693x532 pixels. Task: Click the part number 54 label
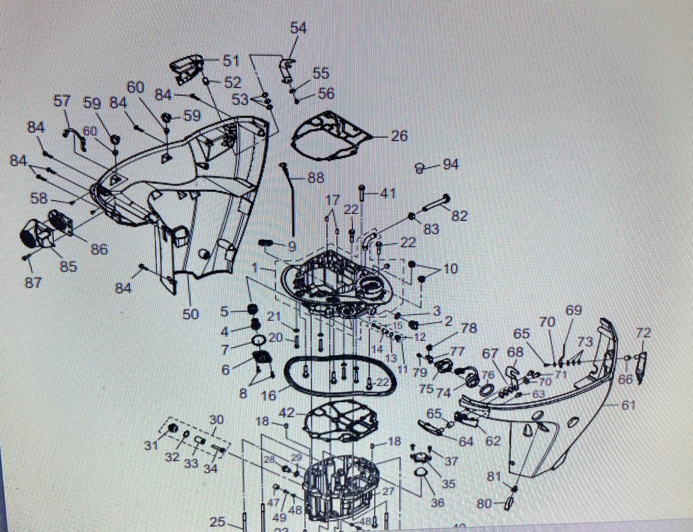click(298, 28)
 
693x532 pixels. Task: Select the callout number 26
click(399, 136)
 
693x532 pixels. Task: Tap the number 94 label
click(450, 164)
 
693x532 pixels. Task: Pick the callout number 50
click(190, 314)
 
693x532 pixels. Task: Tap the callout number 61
click(628, 405)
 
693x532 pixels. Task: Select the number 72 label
click(643, 333)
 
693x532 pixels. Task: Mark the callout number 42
click(287, 412)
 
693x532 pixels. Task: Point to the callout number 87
click(33, 282)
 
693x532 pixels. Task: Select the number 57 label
click(62, 101)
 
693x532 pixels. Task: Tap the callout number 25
click(217, 522)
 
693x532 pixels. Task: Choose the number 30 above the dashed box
click(216, 420)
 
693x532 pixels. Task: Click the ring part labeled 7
click(259, 341)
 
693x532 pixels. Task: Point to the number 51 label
click(231, 61)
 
